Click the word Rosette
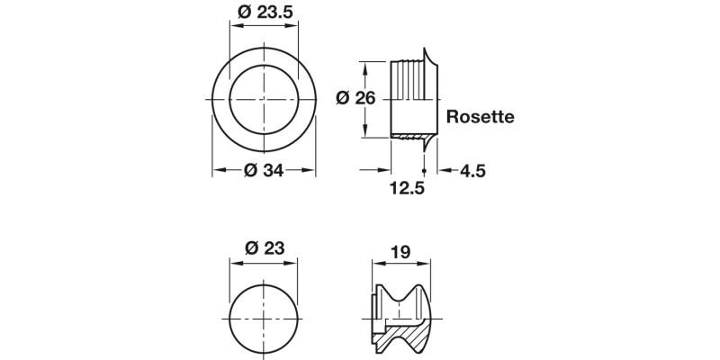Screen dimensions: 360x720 coord(481,116)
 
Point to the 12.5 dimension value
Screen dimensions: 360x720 coord(408,189)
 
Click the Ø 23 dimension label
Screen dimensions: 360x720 coord(264,249)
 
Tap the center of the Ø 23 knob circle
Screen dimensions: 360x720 coord(264,321)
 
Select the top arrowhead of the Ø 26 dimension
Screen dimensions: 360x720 coord(364,65)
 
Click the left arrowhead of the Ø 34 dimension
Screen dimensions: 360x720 coord(216,169)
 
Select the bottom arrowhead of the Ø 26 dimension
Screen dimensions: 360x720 coord(364,135)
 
